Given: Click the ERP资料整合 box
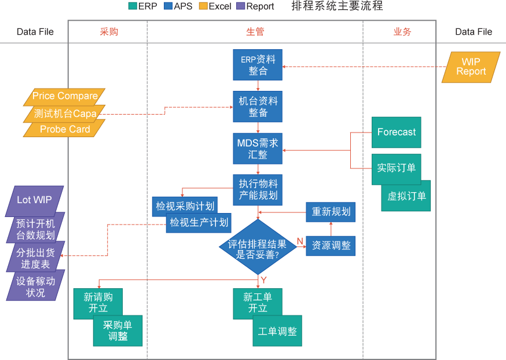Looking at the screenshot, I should point(258,65).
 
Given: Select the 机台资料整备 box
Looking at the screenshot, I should point(258,106).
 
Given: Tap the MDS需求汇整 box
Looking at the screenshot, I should point(258,148).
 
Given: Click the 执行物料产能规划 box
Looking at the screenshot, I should point(258,189).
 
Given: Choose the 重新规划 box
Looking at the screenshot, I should point(331,212).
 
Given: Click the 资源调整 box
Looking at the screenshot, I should point(331,245).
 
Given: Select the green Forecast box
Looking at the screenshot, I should point(396,133).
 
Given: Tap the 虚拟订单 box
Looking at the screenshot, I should point(406,196).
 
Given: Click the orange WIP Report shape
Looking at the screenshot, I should point(471,67).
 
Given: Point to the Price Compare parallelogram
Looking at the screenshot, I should point(64,95).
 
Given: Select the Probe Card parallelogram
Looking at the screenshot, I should point(64,130).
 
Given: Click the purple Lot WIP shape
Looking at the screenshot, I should point(34,200).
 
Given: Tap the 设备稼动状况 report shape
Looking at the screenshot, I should point(35,286).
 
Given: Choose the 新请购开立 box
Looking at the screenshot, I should point(98,303).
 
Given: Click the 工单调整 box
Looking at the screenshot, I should point(277,332).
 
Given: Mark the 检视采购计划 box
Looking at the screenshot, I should point(185,206).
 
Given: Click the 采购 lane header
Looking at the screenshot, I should point(108,32).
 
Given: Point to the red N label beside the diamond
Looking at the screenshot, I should point(300,241).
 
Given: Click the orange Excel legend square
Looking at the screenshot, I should point(203,6).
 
